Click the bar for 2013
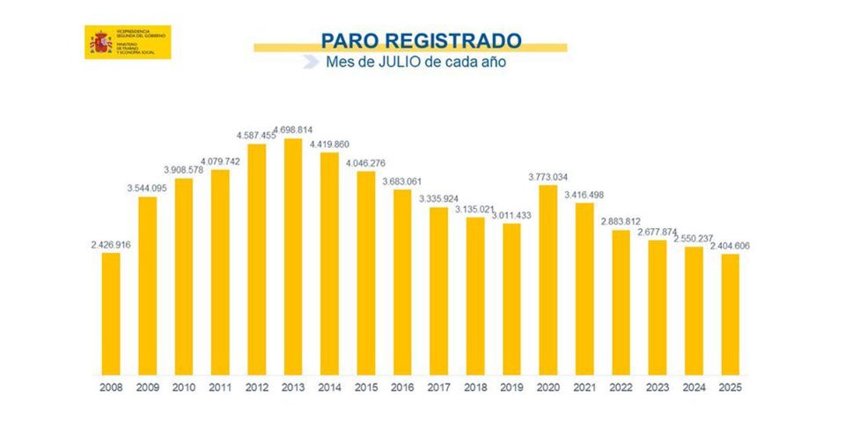tap(293, 256)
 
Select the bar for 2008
tap(111, 313)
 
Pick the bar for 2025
tap(730, 314)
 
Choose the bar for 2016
tap(402, 281)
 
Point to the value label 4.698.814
tap(293, 129)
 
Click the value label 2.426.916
tap(111, 244)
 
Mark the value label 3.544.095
tap(147, 188)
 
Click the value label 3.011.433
tap(511, 214)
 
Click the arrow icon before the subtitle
tap(310, 63)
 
